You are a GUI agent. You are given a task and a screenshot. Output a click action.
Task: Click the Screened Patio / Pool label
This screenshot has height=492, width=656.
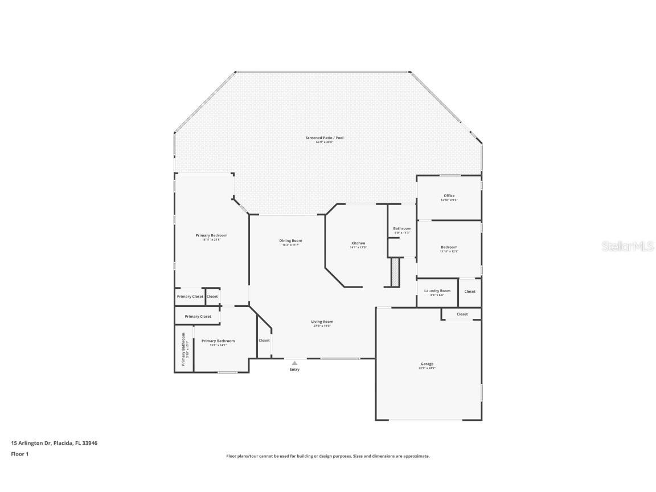point(324,138)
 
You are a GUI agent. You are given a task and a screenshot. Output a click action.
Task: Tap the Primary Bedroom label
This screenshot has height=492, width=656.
point(211,236)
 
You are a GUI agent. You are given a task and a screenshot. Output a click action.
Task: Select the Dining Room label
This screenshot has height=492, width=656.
point(290,241)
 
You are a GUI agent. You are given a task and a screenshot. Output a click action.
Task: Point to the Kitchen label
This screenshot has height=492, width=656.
point(358,244)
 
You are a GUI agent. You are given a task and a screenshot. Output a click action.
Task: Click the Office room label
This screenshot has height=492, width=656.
point(449,196)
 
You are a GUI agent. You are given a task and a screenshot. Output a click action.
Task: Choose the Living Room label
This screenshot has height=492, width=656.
point(322,322)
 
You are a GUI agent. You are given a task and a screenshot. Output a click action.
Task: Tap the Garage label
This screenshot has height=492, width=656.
point(427,364)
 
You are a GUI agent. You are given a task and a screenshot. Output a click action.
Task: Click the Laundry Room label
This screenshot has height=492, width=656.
point(437,291)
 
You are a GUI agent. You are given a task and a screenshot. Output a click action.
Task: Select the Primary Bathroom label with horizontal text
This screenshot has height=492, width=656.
point(218,341)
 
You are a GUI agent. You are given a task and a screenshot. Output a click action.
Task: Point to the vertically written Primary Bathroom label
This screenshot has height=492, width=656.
point(184,348)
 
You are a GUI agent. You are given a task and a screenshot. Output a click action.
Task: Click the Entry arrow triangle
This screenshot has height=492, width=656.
point(294,363)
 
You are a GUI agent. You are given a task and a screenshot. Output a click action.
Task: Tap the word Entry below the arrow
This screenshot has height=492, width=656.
point(294,370)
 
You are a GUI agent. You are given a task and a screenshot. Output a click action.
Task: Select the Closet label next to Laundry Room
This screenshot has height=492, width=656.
point(470,292)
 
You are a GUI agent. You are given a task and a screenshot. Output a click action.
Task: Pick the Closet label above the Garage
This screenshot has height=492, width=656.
point(462,314)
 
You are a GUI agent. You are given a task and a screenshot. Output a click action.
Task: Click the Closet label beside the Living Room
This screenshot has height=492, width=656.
point(264,341)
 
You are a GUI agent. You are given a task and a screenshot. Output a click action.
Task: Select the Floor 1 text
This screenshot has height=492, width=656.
point(19,454)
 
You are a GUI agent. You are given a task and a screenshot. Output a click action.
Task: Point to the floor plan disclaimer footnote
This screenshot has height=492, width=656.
point(328,456)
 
